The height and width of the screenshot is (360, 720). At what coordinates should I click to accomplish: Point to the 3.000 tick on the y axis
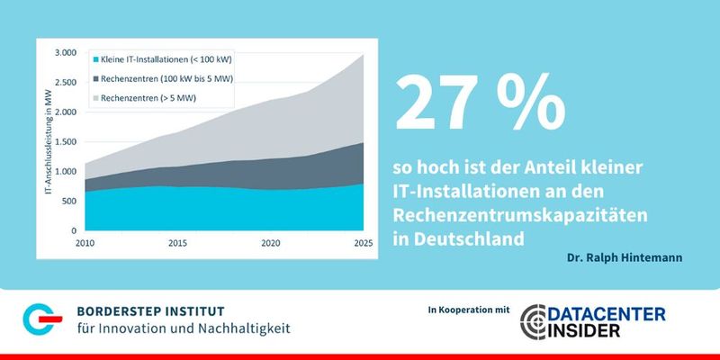pos(65,53)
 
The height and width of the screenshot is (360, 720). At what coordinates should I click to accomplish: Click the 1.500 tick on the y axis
pos(65,142)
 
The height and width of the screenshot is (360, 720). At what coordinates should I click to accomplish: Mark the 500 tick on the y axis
pos(69,201)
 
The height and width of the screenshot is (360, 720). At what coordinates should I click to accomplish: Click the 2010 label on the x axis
pos(85,244)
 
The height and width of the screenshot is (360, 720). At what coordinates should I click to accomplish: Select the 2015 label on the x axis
pos(176,244)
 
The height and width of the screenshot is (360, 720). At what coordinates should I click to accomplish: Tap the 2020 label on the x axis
pos(271,244)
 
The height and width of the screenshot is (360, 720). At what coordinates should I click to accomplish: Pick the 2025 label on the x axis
pos(364,244)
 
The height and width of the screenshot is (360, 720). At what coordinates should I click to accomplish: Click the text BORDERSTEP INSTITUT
pos(161,309)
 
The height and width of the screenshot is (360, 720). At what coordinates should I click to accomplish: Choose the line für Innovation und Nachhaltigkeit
pos(184,329)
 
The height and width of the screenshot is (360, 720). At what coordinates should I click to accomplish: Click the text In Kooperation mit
pos(463,310)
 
